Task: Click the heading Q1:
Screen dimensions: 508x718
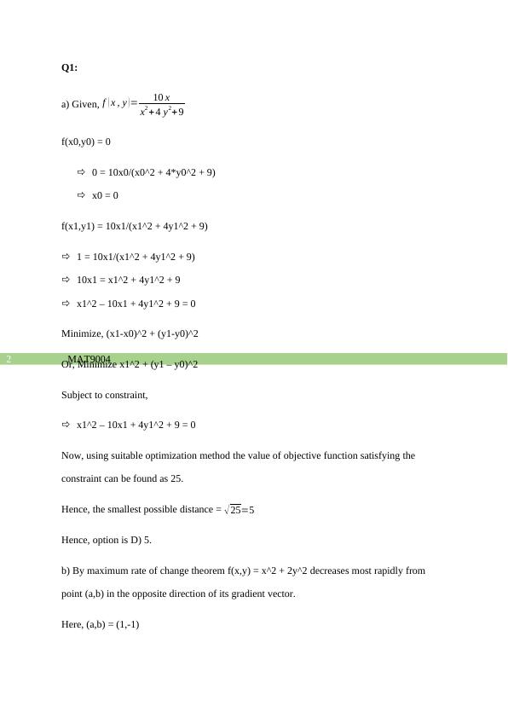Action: [69, 67]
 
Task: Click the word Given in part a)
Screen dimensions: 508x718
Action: [85, 104]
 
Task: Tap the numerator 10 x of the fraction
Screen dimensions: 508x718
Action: [161, 97]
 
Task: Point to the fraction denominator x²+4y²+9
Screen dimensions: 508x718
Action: [162, 111]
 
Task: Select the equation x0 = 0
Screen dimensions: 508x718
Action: [105, 195]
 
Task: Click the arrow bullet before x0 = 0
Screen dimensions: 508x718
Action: [82, 195]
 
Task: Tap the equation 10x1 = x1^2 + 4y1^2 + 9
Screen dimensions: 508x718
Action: [128, 280]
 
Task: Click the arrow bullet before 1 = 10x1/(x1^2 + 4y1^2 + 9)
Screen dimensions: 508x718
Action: [66, 256]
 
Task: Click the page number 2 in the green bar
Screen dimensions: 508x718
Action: [9, 359]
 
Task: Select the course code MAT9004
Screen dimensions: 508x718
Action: [89, 359]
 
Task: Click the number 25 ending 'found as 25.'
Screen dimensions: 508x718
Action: [176, 478]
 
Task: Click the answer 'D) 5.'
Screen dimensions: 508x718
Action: [141, 540]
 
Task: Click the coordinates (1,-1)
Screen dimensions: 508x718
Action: [124, 624]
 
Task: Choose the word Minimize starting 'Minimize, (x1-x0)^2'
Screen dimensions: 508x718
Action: [82, 333]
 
